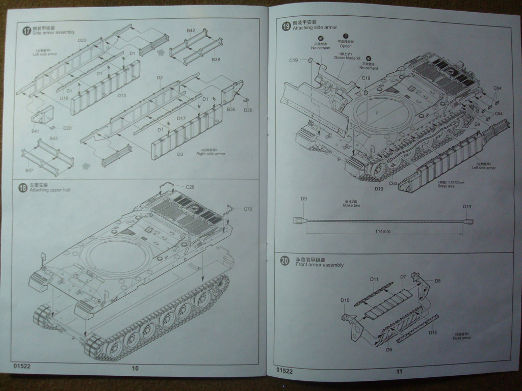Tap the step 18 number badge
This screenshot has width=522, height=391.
click(22, 188)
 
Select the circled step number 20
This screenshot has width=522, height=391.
click(285, 261)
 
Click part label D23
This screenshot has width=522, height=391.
click(82, 40)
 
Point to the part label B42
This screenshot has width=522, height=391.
click(191, 31)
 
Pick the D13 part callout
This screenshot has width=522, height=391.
click(121, 95)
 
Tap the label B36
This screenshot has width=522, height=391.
click(231, 109)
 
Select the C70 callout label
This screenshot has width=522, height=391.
click(248, 209)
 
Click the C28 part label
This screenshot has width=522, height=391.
click(190, 187)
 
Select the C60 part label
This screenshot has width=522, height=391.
click(393, 183)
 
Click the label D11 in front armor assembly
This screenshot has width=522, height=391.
click(374, 279)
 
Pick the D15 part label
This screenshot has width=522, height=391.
click(433, 332)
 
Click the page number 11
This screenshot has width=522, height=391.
click(399, 371)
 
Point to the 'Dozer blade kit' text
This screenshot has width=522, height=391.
click(348, 58)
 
